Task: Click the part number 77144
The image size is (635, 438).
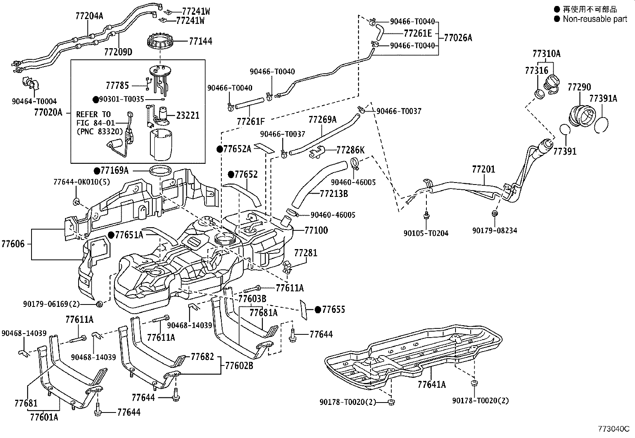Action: [200, 41]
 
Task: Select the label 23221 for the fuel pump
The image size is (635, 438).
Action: [187, 116]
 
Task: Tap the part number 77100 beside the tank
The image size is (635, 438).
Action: [316, 230]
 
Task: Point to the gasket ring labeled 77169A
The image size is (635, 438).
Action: [160, 171]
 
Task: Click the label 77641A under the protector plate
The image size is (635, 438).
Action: [432, 385]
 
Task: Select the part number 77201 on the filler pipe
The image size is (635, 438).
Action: [483, 169]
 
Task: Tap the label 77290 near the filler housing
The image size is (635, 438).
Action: [579, 87]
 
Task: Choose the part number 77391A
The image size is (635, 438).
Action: [603, 98]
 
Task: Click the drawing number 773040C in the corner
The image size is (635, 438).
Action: [614, 429]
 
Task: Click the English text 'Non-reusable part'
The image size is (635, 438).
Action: [595, 19]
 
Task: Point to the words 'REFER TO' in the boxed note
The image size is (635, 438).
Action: [93, 114]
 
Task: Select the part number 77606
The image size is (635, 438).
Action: [13, 244]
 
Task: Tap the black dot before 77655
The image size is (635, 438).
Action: [318, 310]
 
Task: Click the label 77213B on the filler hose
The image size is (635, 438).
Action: [334, 194]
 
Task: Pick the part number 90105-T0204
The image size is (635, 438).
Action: [426, 234]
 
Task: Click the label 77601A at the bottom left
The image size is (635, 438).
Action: [44, 417]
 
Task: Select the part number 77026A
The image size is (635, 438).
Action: [458, 38]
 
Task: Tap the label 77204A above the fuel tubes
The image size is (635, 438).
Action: [89, 16]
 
